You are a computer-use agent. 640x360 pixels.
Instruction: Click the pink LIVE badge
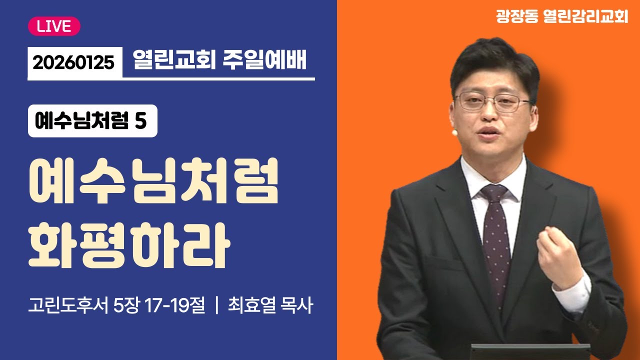coord(54,26)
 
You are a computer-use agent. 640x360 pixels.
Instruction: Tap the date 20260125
coord(74,62)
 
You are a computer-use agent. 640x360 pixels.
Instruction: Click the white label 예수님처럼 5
coord(92,121)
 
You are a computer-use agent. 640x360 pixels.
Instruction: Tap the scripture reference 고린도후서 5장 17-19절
coord(117,305)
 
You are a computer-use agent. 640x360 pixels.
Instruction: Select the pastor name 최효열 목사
coord(270,305)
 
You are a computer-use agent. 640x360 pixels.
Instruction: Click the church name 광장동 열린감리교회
coord(561,17)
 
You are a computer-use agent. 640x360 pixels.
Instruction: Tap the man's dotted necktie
coord(495,240)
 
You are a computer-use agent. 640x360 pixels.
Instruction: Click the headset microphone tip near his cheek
coord(454,133)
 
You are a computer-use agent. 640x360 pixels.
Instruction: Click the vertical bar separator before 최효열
coord(216,305)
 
